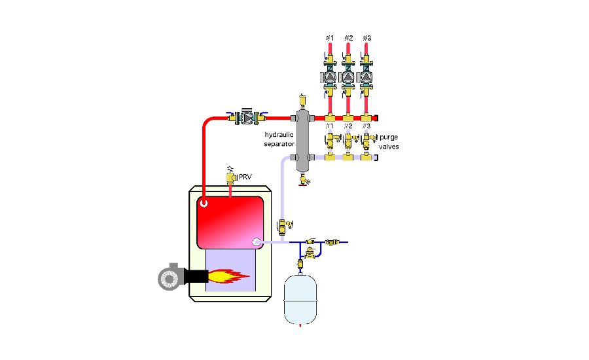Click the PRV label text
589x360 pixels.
pos(245,177)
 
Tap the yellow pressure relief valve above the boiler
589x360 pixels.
pos(230,175)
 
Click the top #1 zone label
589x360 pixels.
pos(330,38)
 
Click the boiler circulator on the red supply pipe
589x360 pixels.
pos(245,118)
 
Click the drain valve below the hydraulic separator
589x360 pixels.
pos(302,178)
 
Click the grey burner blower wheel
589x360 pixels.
pos(169,277)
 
